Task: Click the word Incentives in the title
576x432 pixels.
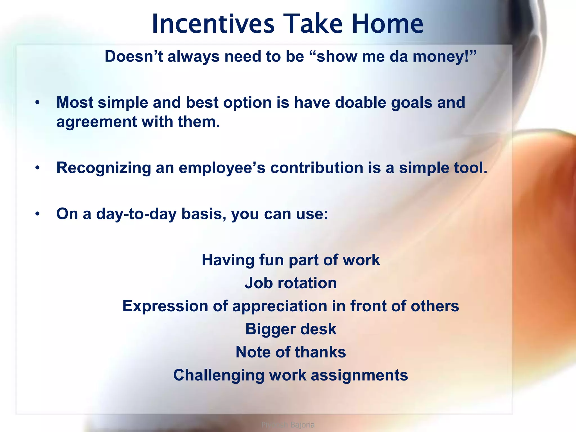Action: pyautogui.click(x=213, y=24)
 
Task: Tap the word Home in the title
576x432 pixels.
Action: pyautogui.click(x=387, y=24)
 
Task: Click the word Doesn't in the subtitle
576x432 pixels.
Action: pyautogui.click(x=134, y=57)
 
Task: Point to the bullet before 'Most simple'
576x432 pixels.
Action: pyautogui.click(x=37, y=103)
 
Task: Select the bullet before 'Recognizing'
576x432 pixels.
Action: pyautogui.click(x=37, y=168)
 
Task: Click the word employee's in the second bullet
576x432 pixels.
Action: pyautogui.click(x=222, y=168)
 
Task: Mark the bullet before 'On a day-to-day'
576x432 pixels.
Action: pyautogui.click(x=37, y=214)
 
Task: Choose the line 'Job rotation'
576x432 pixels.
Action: pyautogui.click(x=291, y=283)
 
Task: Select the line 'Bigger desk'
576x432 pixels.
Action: pyautogui.click(x=291, y=329)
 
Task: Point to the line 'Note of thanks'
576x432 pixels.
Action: pyautogui.click(x=291, y=352)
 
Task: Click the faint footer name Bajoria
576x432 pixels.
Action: pyautogui.click(x=302, y=425)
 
